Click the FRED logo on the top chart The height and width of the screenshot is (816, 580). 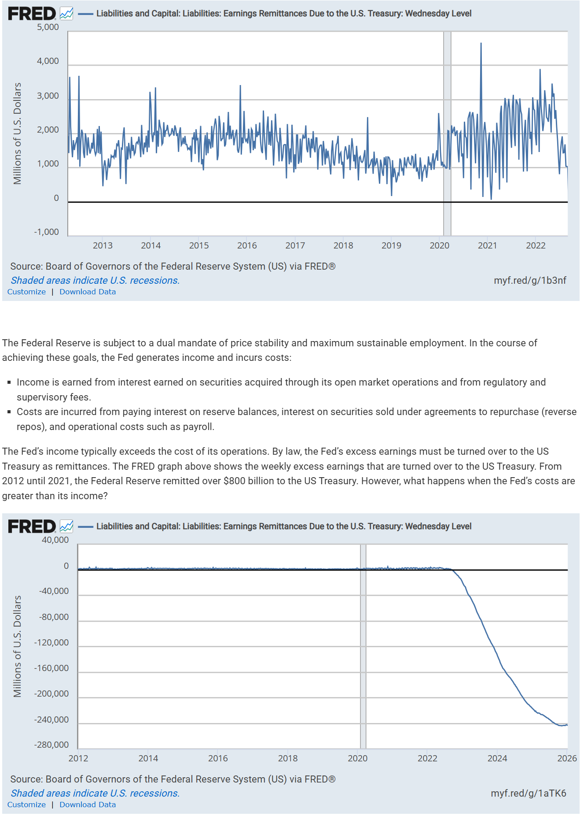[x=32, y=14]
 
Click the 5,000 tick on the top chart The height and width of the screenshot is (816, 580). [x=48, y=27]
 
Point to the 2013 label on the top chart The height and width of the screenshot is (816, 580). [x=103, y=245]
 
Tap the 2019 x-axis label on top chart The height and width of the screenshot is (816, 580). [x=391, y=245]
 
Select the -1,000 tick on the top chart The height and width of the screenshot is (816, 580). [x=46, y=232]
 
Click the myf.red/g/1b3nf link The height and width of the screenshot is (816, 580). [x=530, y=280]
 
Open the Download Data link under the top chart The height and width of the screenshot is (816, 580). [x=88, y=292]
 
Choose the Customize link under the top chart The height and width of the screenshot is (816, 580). [x=26, y=292]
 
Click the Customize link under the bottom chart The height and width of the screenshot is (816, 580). [x=26, y=805]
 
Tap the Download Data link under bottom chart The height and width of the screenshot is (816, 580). [x=88, y=805]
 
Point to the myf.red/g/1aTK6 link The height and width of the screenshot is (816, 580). [x=528, y=793]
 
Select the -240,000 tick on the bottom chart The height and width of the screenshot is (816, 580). [x=51, y=720]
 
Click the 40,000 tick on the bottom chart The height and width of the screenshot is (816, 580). [x=55, y=540]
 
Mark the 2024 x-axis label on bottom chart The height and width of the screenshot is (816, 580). [x=497, y=758]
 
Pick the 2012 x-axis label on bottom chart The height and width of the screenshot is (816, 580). [x=78, y=758]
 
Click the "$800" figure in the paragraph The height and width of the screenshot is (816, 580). [x=233, y=481]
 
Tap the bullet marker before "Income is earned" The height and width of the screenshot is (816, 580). [x=9, y=382]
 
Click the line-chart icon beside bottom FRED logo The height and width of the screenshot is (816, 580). [x=66, y=526]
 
